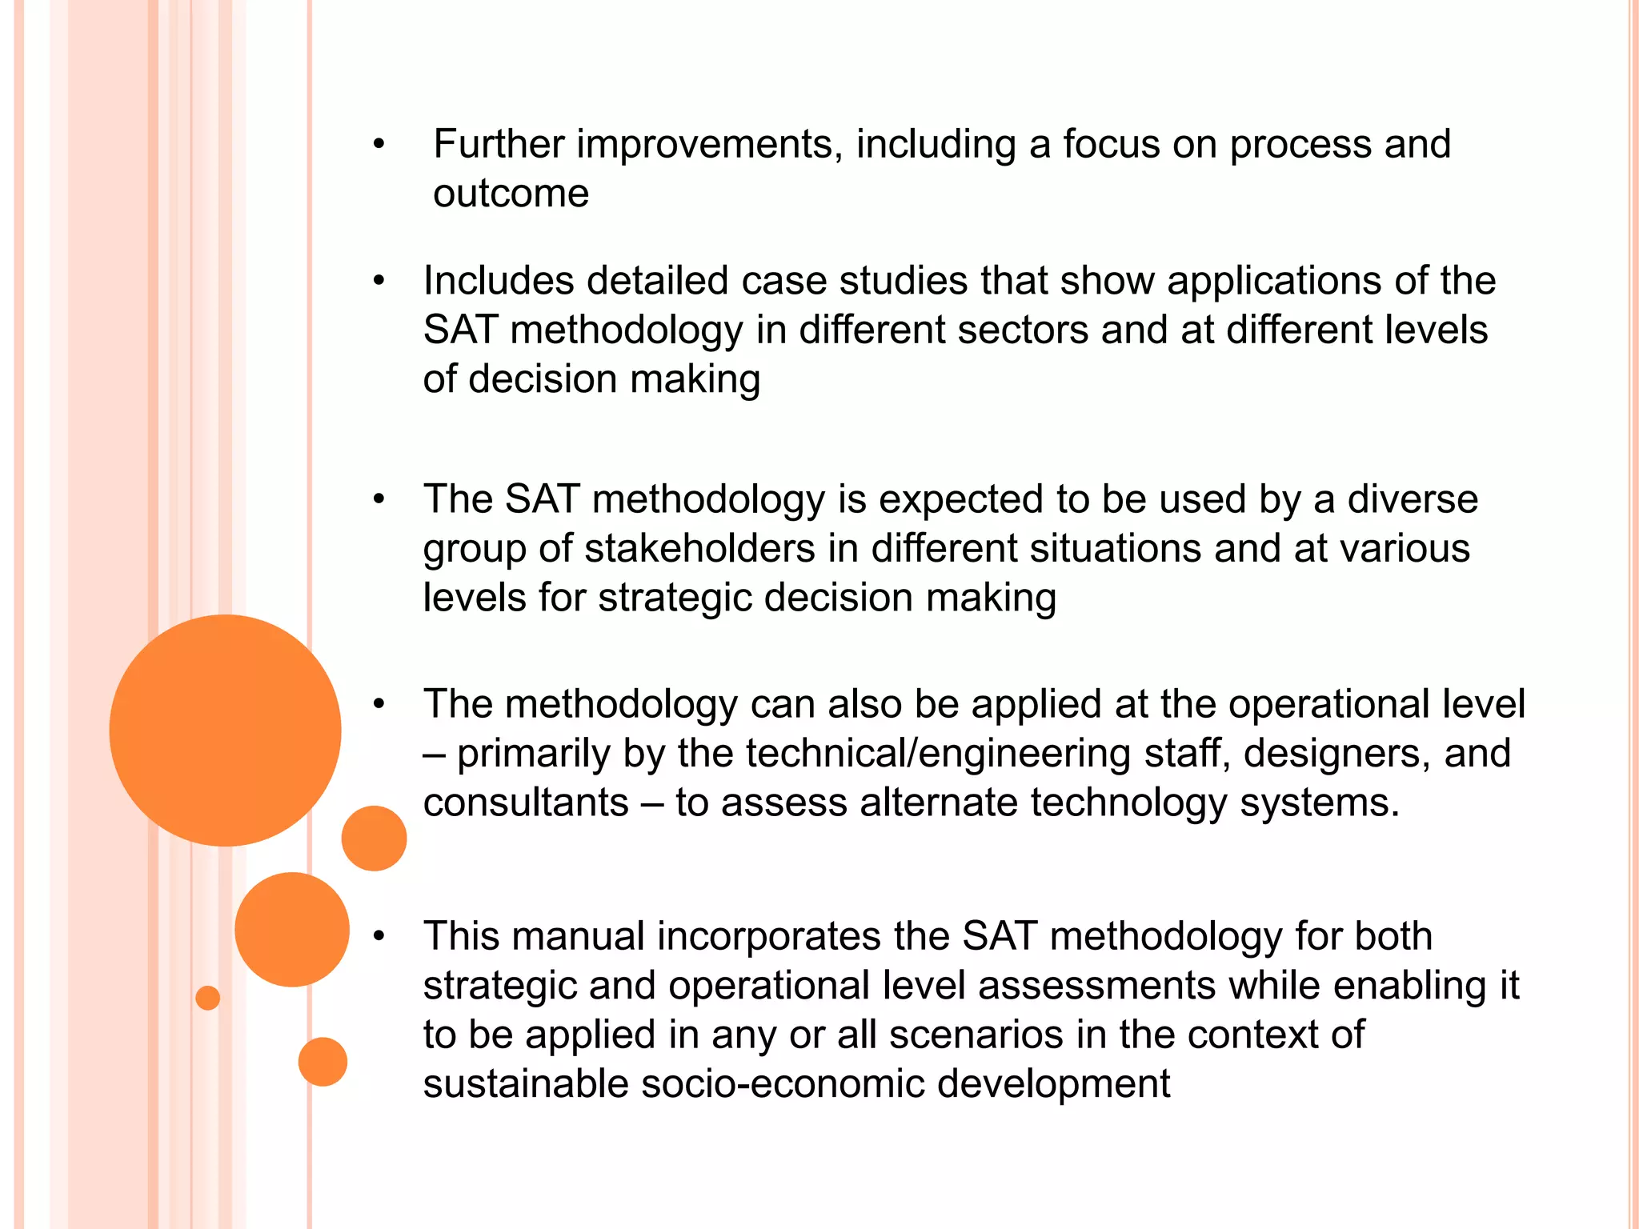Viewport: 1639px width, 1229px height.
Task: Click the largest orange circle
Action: coord(225,730)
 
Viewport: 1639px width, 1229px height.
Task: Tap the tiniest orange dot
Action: coord(207,998)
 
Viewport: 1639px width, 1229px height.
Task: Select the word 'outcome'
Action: coord(511,194)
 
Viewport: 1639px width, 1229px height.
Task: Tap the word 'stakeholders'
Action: coord(700,549)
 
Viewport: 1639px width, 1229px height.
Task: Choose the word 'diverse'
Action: coord(1413,499)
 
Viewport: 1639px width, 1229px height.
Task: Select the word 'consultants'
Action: coord(526,803)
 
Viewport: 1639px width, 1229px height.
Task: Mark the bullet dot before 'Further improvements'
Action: coord(379,145)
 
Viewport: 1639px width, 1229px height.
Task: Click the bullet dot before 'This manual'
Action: coord(379,936)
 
